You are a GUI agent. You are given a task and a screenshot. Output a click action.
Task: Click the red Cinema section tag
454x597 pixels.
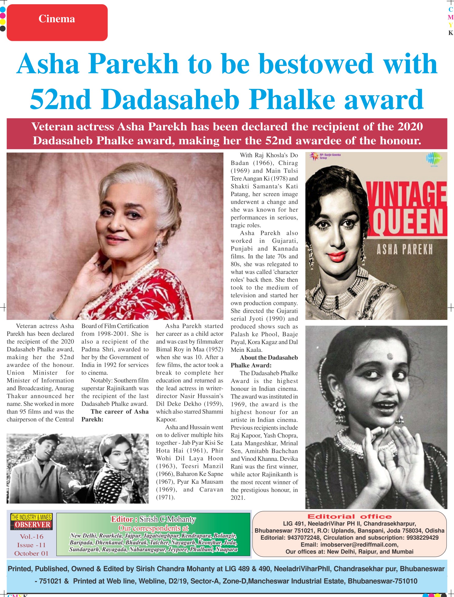click(x=57, y=22)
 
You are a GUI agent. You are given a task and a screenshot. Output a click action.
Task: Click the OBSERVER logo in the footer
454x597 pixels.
click(x=32, y=524)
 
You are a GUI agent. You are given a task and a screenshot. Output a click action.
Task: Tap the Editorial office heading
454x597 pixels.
click(x=349, y=516)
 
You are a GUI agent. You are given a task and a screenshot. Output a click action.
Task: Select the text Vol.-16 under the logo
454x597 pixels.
click(x=32, y=536)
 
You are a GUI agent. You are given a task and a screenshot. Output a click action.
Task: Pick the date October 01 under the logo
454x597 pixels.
click(x=32, y=553)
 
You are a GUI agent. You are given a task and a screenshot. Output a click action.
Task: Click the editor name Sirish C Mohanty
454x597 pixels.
click(x=167, y=519)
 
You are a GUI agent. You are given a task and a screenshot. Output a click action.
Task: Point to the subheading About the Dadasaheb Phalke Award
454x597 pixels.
click(x=264, y=361)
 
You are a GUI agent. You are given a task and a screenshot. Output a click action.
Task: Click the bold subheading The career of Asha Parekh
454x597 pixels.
click(x=115, y=415)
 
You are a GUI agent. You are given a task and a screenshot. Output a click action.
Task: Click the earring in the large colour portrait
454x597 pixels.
click(x=159, y=245)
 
